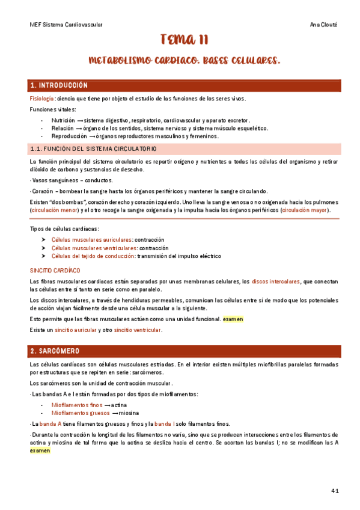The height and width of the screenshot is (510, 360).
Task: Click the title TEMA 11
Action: pos(184,40)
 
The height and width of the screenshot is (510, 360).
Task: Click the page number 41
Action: pos(335,491)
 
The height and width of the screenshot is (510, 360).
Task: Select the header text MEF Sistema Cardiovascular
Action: pos(66,25)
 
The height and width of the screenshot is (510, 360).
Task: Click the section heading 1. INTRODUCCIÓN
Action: pos(59,85)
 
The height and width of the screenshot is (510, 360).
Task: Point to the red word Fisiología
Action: pos(42,99)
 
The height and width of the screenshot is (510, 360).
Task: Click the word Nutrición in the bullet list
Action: pos(63,120)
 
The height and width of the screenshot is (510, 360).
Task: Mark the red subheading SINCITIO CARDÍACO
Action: pos(55,271)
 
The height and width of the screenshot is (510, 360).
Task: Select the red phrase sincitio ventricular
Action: pos(137,330)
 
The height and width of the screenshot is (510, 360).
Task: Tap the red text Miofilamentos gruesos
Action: pos(77,413)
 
